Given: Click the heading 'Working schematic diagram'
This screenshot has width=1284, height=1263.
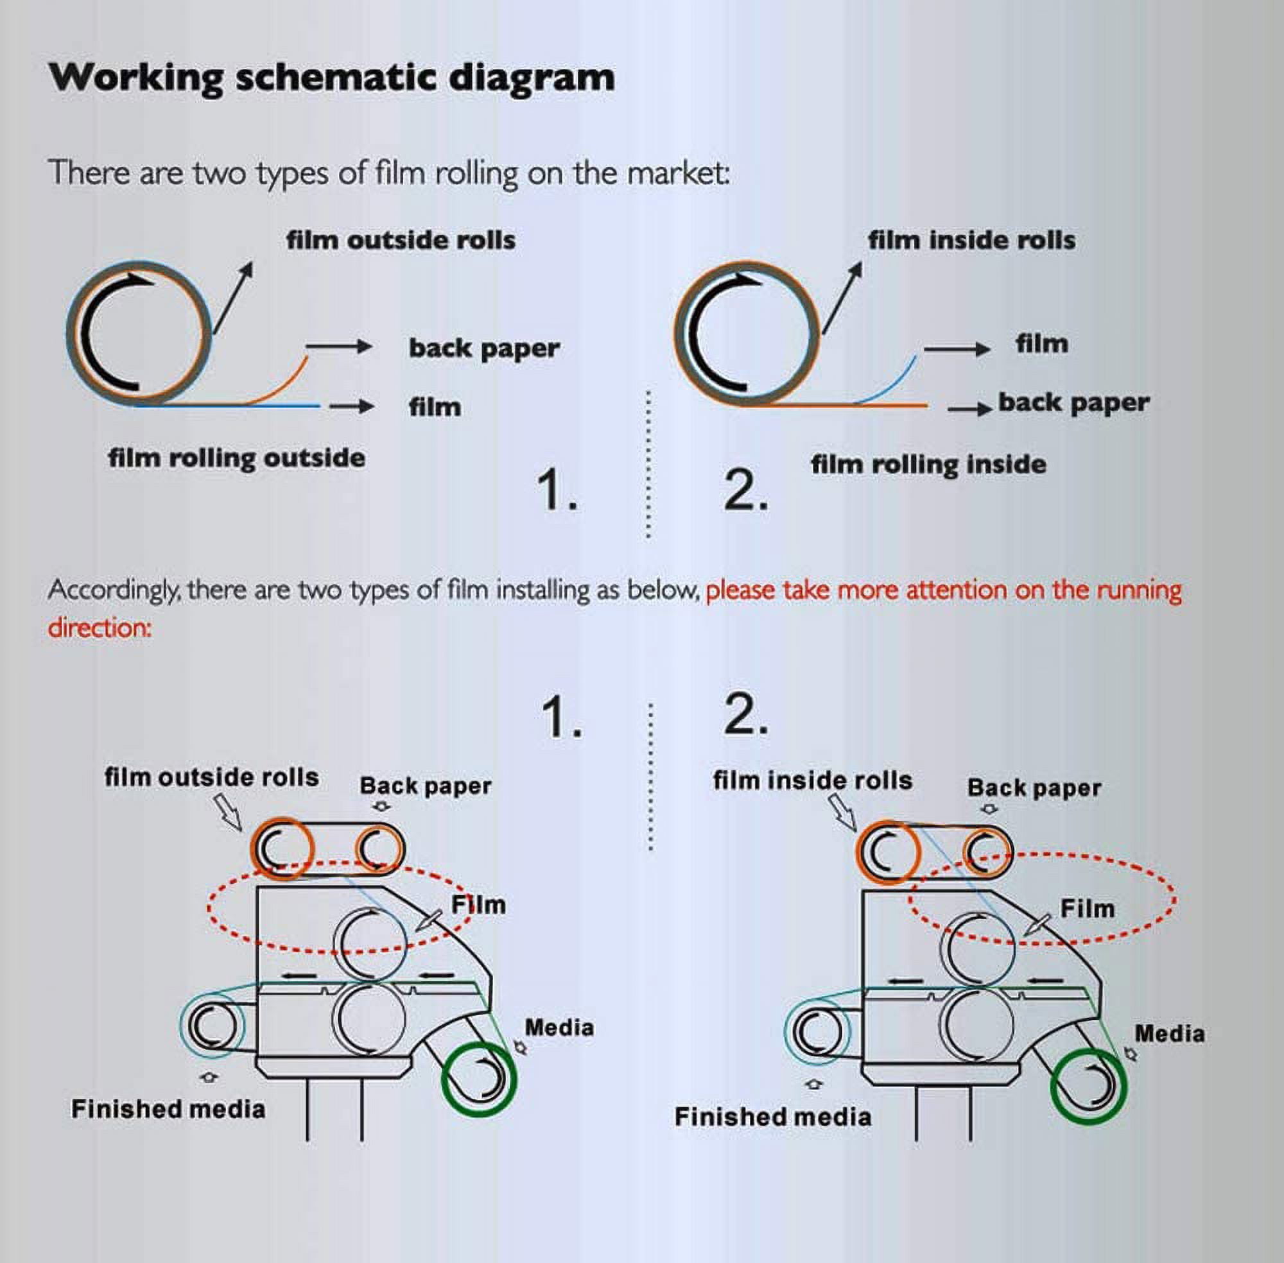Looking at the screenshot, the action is point(332,78).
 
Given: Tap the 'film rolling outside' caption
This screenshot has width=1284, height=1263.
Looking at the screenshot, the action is point(236,458).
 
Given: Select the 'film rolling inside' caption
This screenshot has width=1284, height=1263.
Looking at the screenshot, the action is point(928,465).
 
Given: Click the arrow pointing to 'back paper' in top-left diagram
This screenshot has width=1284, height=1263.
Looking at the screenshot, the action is point(338,347).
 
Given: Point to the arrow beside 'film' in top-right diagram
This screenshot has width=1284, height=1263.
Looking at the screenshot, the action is point(957,349).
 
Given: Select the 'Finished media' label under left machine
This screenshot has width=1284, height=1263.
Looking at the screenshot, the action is point(169,1109).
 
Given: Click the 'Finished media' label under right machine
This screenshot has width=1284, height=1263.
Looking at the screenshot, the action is point(773,1117).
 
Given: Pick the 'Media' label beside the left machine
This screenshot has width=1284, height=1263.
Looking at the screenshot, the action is point(559,1027).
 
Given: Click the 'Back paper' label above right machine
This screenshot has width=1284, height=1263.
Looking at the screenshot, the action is point(1034,788).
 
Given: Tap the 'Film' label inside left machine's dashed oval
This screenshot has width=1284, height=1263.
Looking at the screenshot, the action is point(478,905).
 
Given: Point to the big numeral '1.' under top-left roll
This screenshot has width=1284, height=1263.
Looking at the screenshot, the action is point(557,490).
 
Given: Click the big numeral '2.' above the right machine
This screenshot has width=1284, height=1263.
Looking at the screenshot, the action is point(746,716).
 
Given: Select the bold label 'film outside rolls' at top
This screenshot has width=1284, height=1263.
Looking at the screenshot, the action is point(401,240).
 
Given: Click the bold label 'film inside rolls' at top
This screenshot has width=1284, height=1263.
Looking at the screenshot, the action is point(972,240).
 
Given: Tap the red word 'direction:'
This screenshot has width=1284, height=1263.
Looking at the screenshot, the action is point(100,628).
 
